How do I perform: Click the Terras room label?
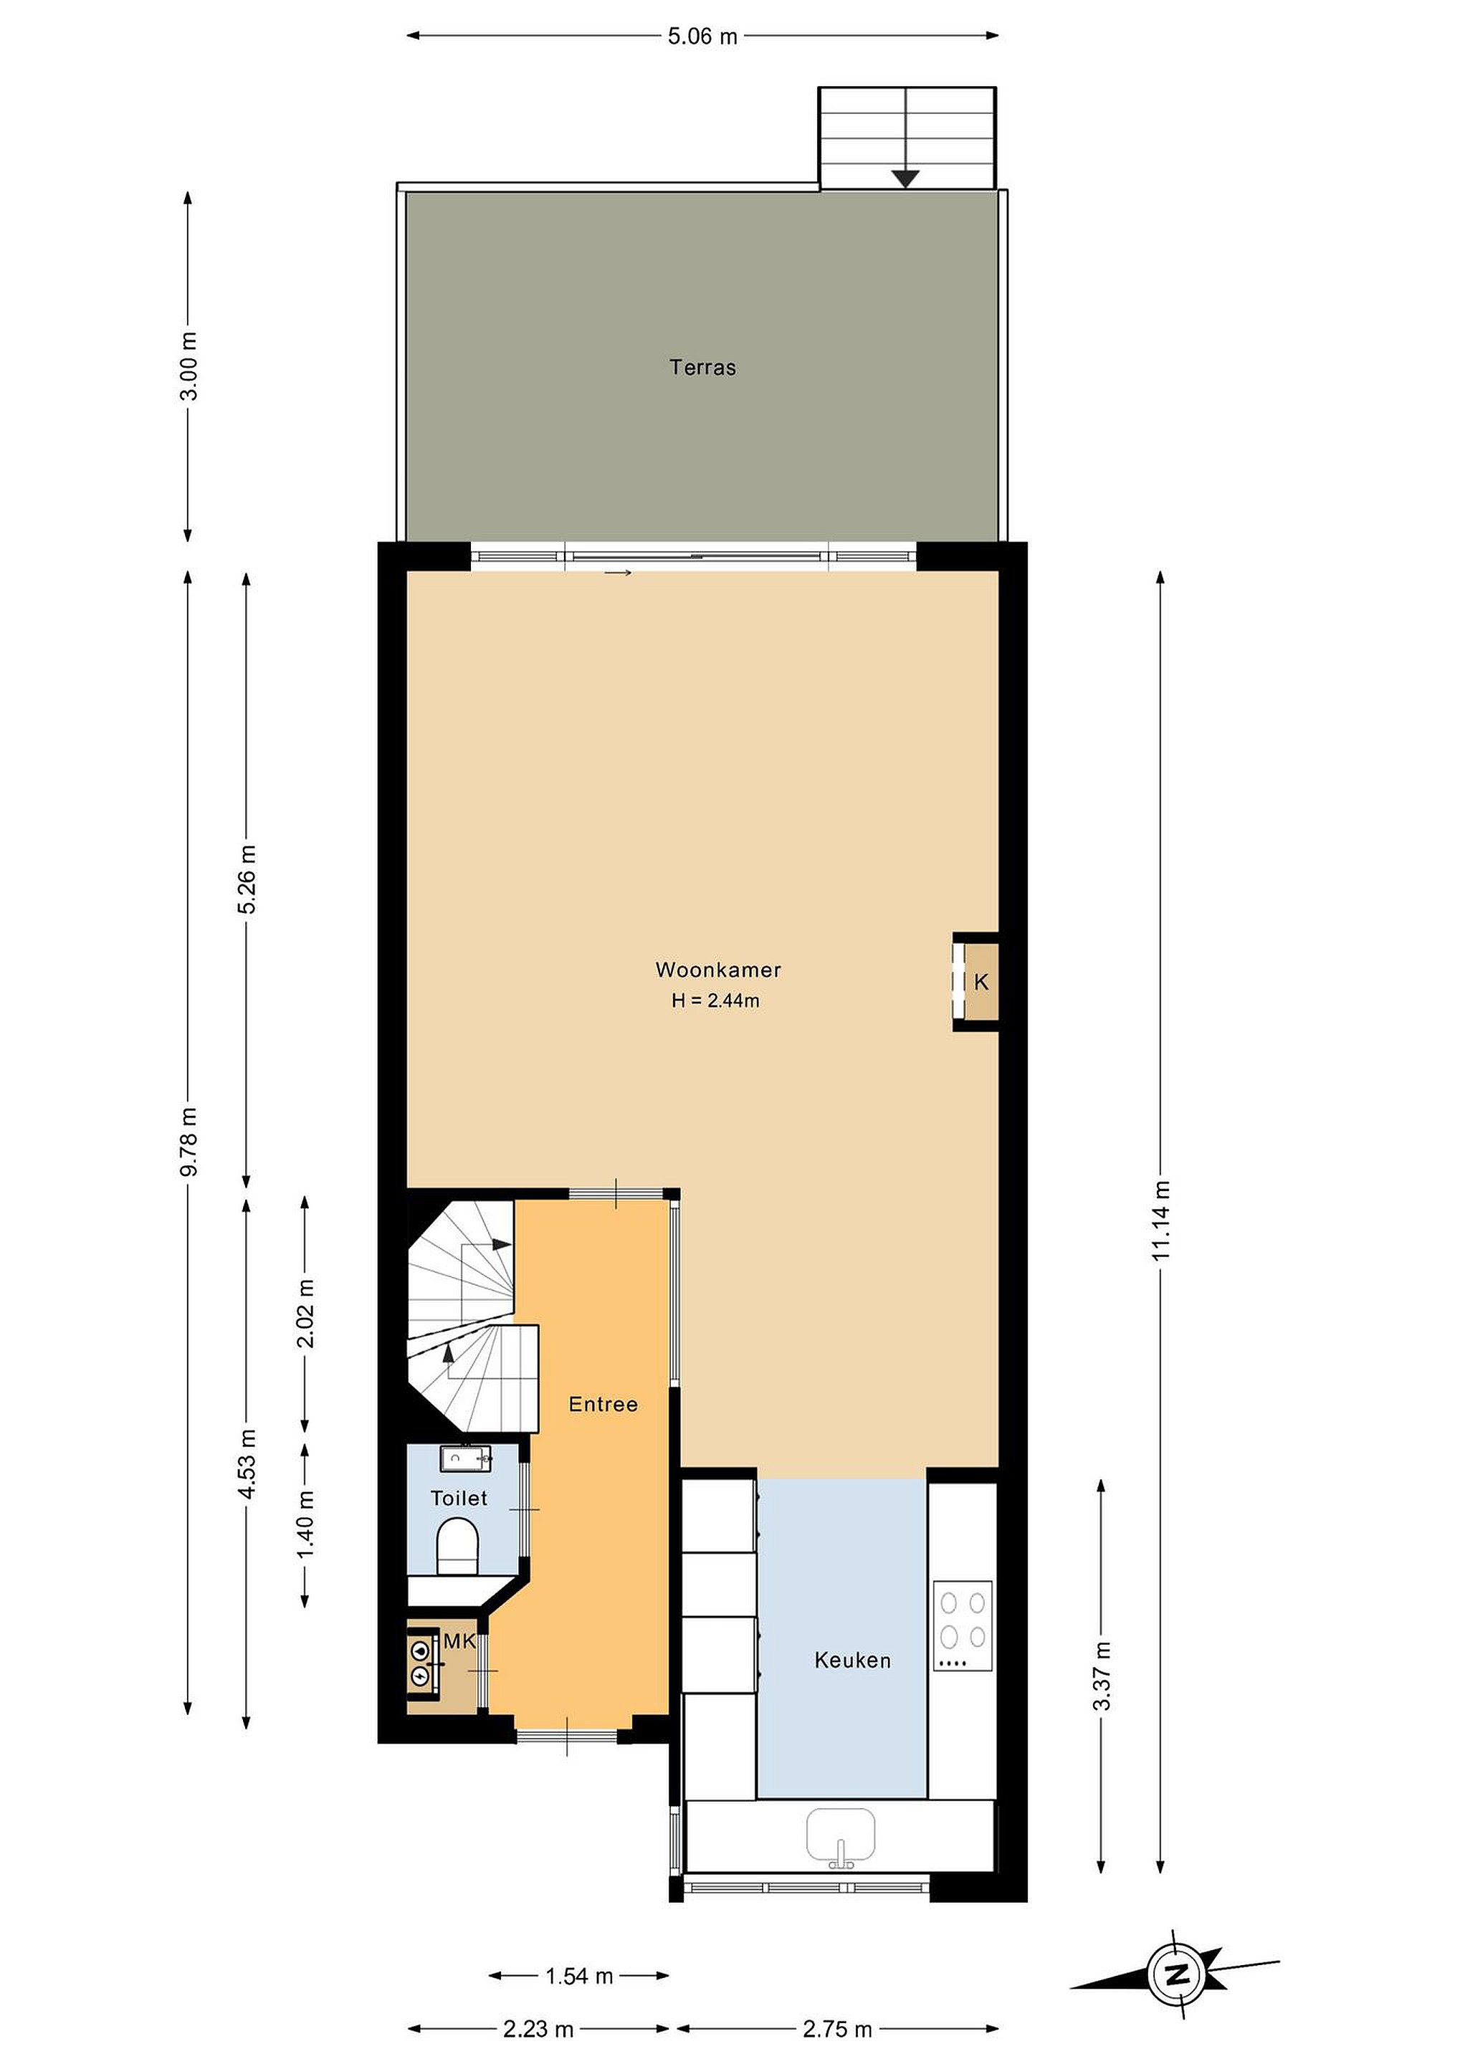click(x=702, y=367)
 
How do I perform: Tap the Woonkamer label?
click(x=718, y=969)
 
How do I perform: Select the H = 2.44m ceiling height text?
click(x=715, y=1000)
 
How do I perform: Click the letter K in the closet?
click(x=981, y=982)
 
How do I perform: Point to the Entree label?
click(x=603, y=1404)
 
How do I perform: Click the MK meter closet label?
click(x=459, y=1641)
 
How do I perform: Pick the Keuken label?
click(x=852, y=1661)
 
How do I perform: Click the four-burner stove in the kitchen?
click(x=962, y=1625)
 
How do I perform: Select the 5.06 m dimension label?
click(x=702, y=36)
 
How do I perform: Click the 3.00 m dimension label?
click(x=188, y=366)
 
